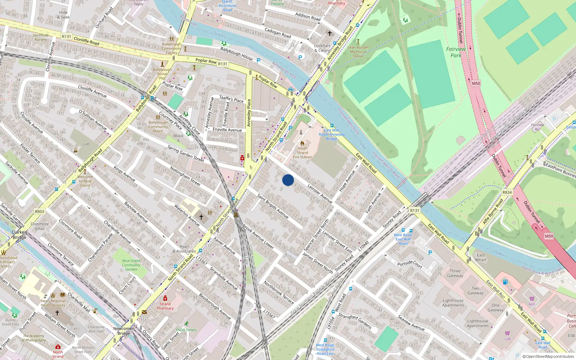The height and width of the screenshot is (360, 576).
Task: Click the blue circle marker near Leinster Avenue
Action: [288, 180]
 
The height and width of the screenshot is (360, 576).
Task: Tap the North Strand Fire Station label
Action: [302, 153]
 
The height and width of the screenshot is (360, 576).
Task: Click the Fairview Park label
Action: [456, 52]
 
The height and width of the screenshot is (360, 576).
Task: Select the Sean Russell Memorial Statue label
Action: [358, 51]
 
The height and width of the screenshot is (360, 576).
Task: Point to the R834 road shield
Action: [507, 193]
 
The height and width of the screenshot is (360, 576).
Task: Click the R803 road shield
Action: [40, 212]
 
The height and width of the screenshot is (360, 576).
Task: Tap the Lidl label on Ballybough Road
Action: [86, 144]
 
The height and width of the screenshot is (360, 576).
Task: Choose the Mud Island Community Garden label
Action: [131, 265]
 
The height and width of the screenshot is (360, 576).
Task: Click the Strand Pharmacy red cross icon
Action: [165, 298]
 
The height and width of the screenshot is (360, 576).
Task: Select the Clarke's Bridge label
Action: [19, 235]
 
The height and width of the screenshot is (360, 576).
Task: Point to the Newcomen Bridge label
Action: [124, 330]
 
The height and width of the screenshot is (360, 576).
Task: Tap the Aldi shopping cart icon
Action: [532, 299]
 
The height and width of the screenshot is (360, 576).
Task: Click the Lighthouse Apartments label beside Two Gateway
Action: [453, 303]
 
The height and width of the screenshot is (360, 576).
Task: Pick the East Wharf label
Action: [481, 257]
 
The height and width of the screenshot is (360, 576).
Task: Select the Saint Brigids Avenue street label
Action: [273, 206]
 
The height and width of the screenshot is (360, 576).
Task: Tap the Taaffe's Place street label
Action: [231, 99]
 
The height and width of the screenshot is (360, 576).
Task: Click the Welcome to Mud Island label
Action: [85, 181]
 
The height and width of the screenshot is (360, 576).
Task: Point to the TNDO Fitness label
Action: [186, 330]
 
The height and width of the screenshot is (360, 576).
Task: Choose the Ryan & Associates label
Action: [184, 249]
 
